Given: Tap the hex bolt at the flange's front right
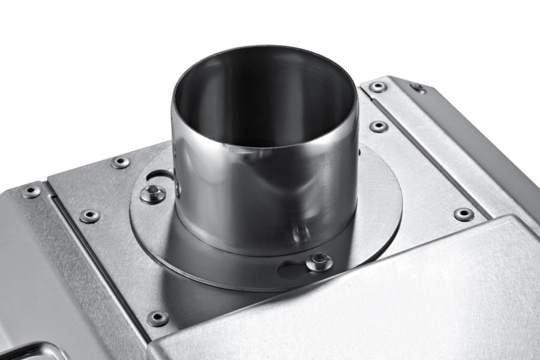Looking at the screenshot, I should pos(319,262).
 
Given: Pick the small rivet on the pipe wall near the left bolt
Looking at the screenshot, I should pos(178,187).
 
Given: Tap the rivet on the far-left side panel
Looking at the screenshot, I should pos(31,191).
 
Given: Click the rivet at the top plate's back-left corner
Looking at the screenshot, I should pos(120,163).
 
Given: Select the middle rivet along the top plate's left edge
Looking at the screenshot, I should pos(89,216).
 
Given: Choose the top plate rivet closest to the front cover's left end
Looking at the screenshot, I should pos(157,318).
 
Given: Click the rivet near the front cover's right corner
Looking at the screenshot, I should pos(463,214).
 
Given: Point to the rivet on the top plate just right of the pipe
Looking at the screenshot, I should pos(378,126).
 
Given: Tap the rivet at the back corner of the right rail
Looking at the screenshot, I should pos(377,87).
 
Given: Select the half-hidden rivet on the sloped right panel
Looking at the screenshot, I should pos(418,88).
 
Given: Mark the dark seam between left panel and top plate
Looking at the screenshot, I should pos(96,258).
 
